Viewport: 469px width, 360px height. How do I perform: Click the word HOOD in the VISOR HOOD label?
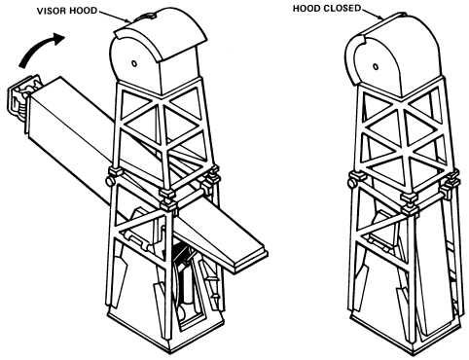click(85, 11)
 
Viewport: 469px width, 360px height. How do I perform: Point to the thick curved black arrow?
click(38, 48)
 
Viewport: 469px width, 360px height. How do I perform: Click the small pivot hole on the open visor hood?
click(134, 63)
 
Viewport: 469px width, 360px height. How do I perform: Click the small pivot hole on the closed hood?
click(376, 66)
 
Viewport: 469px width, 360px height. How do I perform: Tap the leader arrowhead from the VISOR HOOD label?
click(128, 20)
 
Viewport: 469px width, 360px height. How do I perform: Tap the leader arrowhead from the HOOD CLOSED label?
click(380, 18)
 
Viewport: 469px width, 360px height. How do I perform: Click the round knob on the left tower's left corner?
click(110, 181)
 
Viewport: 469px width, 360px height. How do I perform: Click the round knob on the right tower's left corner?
click(352, 184)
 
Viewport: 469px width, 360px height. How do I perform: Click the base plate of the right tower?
click(407, 339)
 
